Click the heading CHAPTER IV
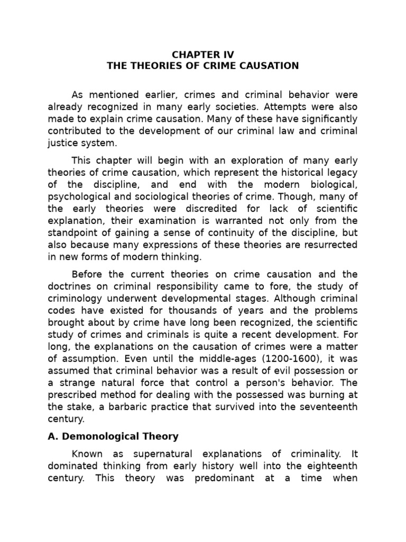203,54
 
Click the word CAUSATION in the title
267,66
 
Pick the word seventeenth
328,406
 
